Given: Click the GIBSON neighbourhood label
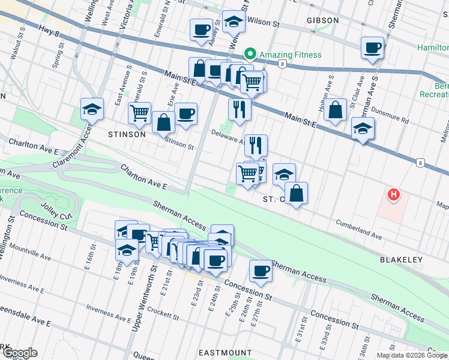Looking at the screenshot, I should point(323,20).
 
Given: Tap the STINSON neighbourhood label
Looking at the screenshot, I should point(126,134).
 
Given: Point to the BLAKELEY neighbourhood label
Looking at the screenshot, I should point(402,260).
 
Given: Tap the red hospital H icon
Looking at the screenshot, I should point(393,194).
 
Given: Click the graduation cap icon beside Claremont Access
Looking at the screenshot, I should point(92,109).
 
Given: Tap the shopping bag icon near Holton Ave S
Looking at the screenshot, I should point(336,109).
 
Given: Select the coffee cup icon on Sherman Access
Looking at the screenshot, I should point(261,270).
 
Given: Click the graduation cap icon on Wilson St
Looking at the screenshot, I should point(233,22).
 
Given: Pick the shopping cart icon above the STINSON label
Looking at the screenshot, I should point(139,112).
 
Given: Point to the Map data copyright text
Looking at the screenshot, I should point(412,355).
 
